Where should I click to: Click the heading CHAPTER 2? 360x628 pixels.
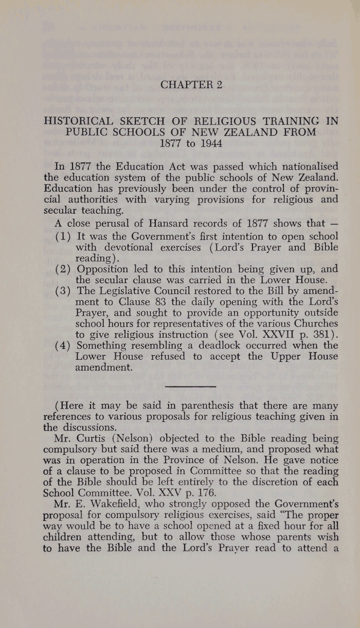pos(191,85)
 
